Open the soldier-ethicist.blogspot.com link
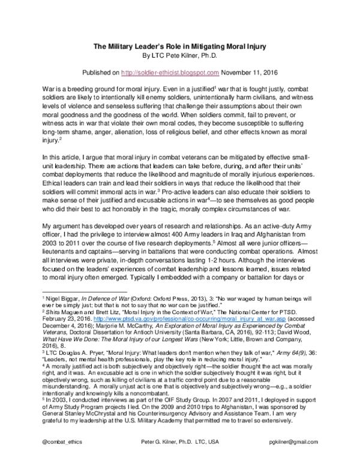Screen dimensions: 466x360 click(178, 73)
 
